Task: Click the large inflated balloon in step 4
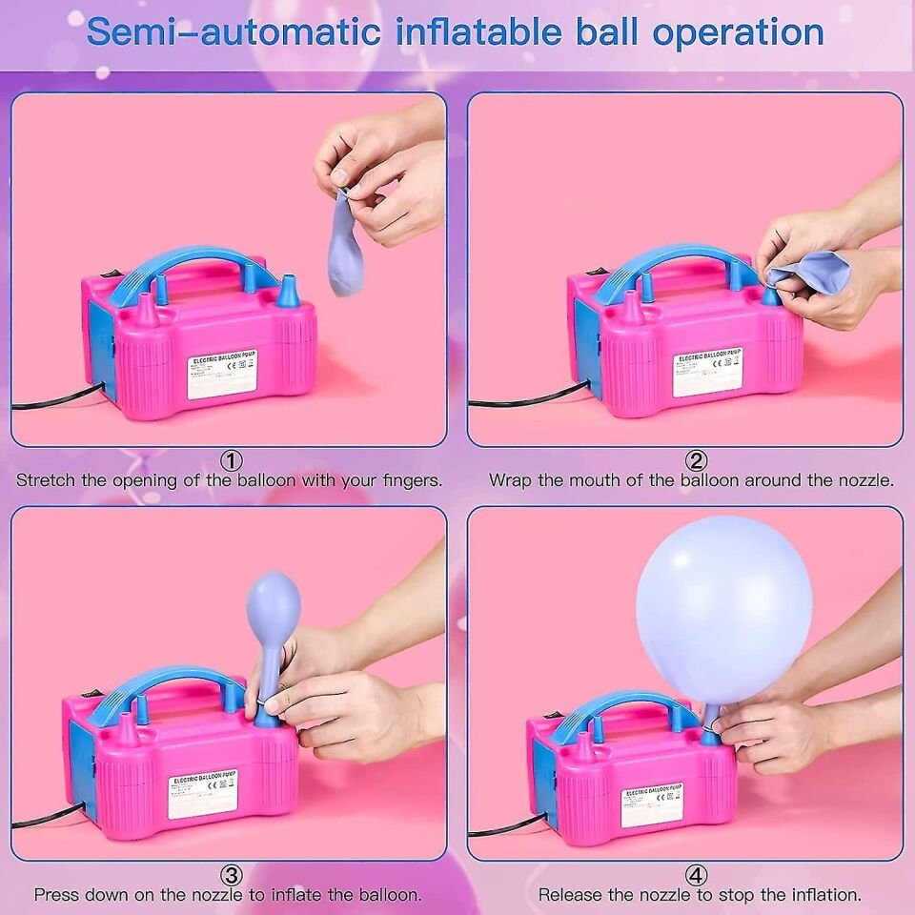(x=723, y=610)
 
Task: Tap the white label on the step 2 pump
(x=706, y=373)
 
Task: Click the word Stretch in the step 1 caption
(x=46, y=480)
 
